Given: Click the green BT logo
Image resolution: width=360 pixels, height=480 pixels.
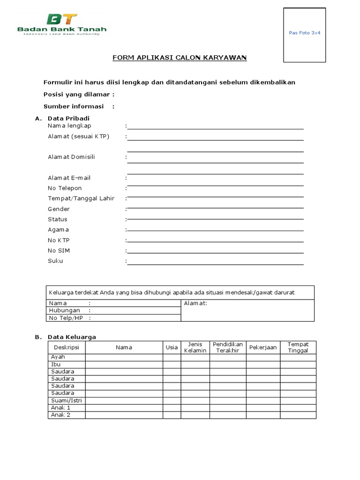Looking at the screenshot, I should (62, 20).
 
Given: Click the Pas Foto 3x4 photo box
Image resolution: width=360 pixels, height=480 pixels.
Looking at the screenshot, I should (304, 35).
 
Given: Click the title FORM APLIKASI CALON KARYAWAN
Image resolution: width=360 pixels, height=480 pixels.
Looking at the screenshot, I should (180, 58).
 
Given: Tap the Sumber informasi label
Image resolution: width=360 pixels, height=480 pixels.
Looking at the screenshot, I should (74, 106).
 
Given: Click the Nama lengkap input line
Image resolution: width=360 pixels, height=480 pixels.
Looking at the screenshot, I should (216, 126).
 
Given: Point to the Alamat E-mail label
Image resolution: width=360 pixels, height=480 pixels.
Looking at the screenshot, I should (69, 178).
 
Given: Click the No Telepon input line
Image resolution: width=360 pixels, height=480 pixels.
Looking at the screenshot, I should (216, 188).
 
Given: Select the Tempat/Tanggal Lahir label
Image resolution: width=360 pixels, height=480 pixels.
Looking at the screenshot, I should (81, 198).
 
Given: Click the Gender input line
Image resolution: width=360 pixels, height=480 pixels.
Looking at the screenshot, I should (216, 209).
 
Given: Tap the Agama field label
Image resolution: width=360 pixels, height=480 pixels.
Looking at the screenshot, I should (58, 230).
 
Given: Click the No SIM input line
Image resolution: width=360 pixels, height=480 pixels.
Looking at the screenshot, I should (216, 251).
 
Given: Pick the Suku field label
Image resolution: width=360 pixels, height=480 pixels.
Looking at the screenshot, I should (55, 261).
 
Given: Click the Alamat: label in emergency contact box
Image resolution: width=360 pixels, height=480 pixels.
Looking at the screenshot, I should (195, 303).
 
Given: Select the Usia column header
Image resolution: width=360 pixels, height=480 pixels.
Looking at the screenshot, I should (172, 347).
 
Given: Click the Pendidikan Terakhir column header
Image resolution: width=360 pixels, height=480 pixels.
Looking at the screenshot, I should (227, 347).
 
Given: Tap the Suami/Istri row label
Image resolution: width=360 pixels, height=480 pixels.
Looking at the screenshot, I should (66, 401).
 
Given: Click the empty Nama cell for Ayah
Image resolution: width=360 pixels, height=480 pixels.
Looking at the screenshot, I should (124, 357).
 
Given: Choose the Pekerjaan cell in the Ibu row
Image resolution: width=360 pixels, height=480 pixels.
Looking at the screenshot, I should (263, 364).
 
